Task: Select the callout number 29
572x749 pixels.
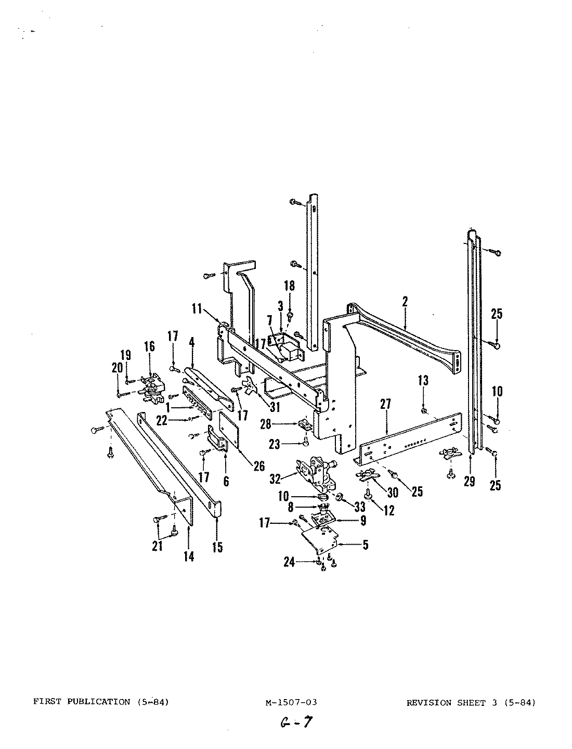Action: tap(469, 482)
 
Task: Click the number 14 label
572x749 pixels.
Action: tap(189, 556)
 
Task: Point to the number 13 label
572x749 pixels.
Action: tap(423, 381)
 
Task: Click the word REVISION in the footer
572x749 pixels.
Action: tap(428, 702)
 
